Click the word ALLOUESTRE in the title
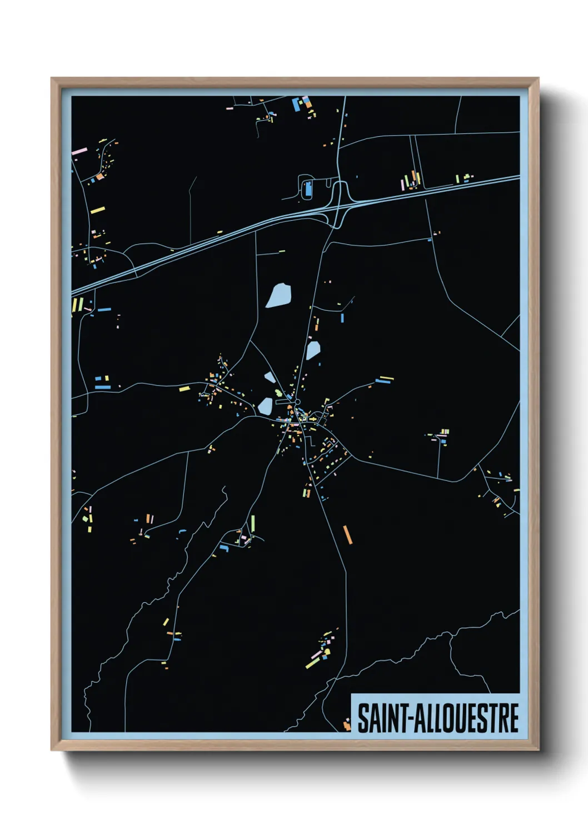pos(466,718)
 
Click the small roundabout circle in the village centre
pos(297,401)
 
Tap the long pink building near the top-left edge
pos(79,151)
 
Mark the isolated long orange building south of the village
pos(348,534)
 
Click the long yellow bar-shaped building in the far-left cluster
pos(97,210)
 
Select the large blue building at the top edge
pos(296,103)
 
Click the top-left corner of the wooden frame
pos(52,78)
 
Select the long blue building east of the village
pos(383,382)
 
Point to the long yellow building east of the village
pos(386,378)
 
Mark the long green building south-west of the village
pos(253,522)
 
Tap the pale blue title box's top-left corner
pos(351,694)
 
